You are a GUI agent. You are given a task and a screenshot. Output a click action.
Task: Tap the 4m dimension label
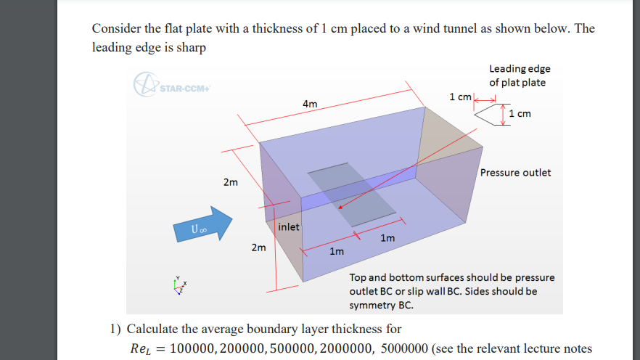[310, 104]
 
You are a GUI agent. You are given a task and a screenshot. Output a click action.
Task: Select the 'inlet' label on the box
[288, 226]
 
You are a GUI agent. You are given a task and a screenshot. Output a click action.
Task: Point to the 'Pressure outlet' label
[515, 173]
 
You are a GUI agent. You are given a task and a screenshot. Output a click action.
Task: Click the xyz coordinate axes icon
[180, 287]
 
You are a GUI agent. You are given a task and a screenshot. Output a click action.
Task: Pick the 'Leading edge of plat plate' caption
[520, 75]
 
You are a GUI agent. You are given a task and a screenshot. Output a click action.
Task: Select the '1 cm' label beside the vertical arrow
[522, 114]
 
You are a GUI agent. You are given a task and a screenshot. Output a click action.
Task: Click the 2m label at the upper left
[230, 182]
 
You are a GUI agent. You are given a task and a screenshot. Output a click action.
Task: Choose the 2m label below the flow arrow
[258, 248]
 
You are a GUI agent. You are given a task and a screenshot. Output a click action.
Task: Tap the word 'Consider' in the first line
[115, 28]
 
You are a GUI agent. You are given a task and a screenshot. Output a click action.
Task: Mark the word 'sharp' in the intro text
[192, 48]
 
